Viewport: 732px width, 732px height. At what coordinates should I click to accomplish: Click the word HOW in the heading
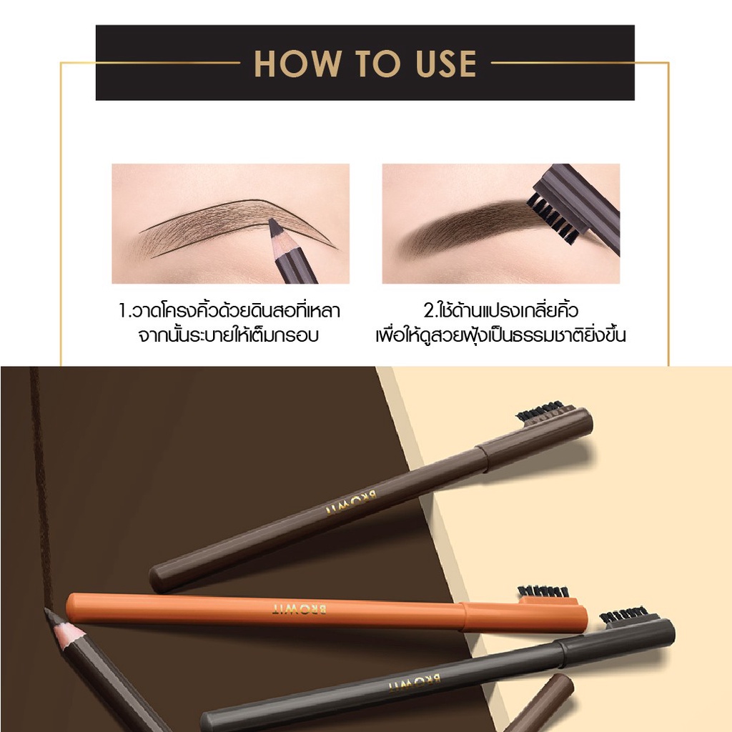point(297,63)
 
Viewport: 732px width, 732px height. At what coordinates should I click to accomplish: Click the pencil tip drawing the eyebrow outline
point(274,227)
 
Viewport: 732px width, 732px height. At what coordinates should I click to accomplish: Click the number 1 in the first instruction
point(123,312)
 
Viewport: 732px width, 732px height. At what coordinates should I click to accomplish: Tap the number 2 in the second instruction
point(429,311)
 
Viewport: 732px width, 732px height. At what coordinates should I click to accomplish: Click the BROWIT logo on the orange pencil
point(300,609)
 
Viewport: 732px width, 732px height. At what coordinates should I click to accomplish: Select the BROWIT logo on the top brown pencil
point(351,502)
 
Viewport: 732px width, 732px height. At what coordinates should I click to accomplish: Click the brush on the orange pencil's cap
point(544,592)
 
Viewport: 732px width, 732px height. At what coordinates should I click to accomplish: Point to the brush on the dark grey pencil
point(623,615)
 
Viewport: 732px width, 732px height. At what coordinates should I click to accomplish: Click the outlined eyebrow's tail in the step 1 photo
point(322,236)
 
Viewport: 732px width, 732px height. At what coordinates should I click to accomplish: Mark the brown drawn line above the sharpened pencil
point(41,485)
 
